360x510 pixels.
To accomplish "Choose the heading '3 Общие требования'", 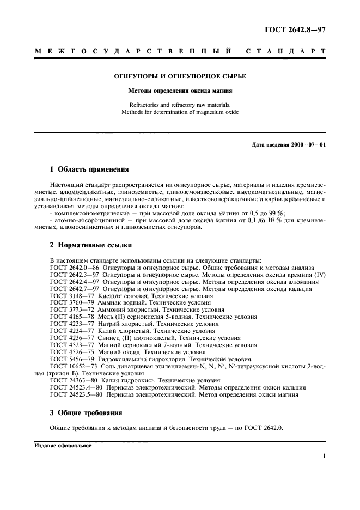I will coord(86,412).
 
